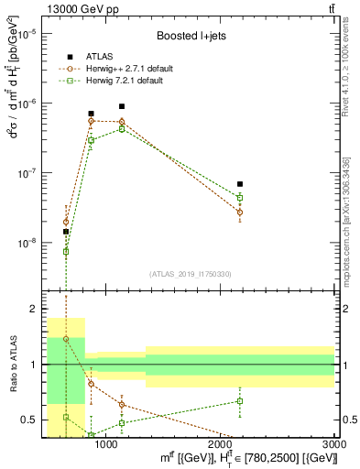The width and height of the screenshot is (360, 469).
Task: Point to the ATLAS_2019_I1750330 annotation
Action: tap(191, 273)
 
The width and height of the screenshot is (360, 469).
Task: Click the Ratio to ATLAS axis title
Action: tap(12, 365)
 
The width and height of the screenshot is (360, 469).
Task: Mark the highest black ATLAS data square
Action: tap(122, 106)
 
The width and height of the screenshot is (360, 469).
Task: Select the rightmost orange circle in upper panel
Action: tap(240, 213)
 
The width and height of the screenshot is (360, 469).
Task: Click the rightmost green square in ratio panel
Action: tap(240, 401)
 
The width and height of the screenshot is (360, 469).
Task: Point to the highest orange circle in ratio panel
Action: tap(66, 339)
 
